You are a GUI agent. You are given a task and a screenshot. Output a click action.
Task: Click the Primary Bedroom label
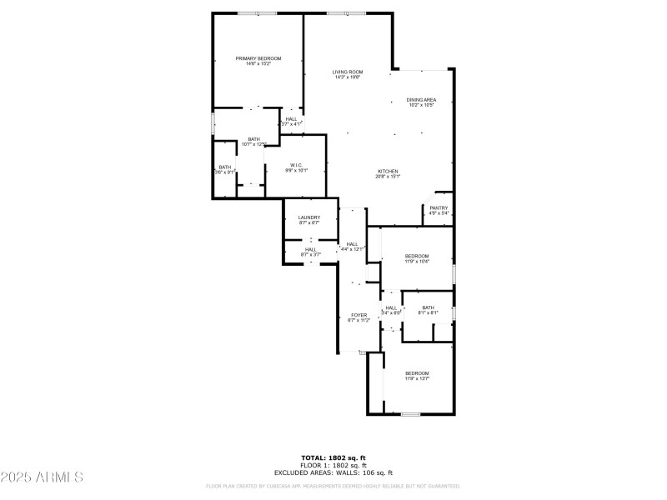coord(258,58)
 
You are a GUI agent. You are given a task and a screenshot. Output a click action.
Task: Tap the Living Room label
coord(348,72)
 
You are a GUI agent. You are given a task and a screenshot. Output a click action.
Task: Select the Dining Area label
coord(422,100)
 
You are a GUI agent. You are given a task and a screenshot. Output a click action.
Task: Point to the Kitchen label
coord(388,171)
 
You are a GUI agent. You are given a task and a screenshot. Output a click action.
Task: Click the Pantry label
coord(439,208)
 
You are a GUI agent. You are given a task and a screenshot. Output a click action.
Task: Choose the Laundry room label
coord(309,218)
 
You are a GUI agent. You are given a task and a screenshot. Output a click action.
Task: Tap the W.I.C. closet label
coord(298,165)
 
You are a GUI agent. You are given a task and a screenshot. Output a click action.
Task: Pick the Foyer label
coord(359,315)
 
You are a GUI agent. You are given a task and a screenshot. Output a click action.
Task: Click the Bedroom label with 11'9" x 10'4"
coord(417,256)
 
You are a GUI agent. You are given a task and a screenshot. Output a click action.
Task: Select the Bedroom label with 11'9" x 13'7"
coord(417,372)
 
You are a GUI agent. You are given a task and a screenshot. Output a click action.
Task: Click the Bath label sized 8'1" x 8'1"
coord(428,307)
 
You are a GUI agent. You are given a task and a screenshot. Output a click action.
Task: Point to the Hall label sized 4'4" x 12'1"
coord(352,244)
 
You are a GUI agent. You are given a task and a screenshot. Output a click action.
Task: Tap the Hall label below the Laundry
coord(310,249)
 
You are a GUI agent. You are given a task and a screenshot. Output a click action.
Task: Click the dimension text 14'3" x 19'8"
coord(348,77)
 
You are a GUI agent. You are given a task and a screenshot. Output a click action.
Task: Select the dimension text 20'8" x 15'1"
coord(388,177)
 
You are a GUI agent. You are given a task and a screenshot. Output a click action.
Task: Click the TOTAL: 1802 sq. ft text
coord(333,457)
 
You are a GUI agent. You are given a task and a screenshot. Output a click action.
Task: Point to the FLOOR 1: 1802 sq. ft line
coord(333,465)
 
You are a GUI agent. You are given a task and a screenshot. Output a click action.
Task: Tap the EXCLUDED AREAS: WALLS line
coord(333,472)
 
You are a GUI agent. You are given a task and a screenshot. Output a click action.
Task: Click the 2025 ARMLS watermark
coord(43,477)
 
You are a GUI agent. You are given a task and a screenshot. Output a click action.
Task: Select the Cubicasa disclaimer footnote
coord(333,486)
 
